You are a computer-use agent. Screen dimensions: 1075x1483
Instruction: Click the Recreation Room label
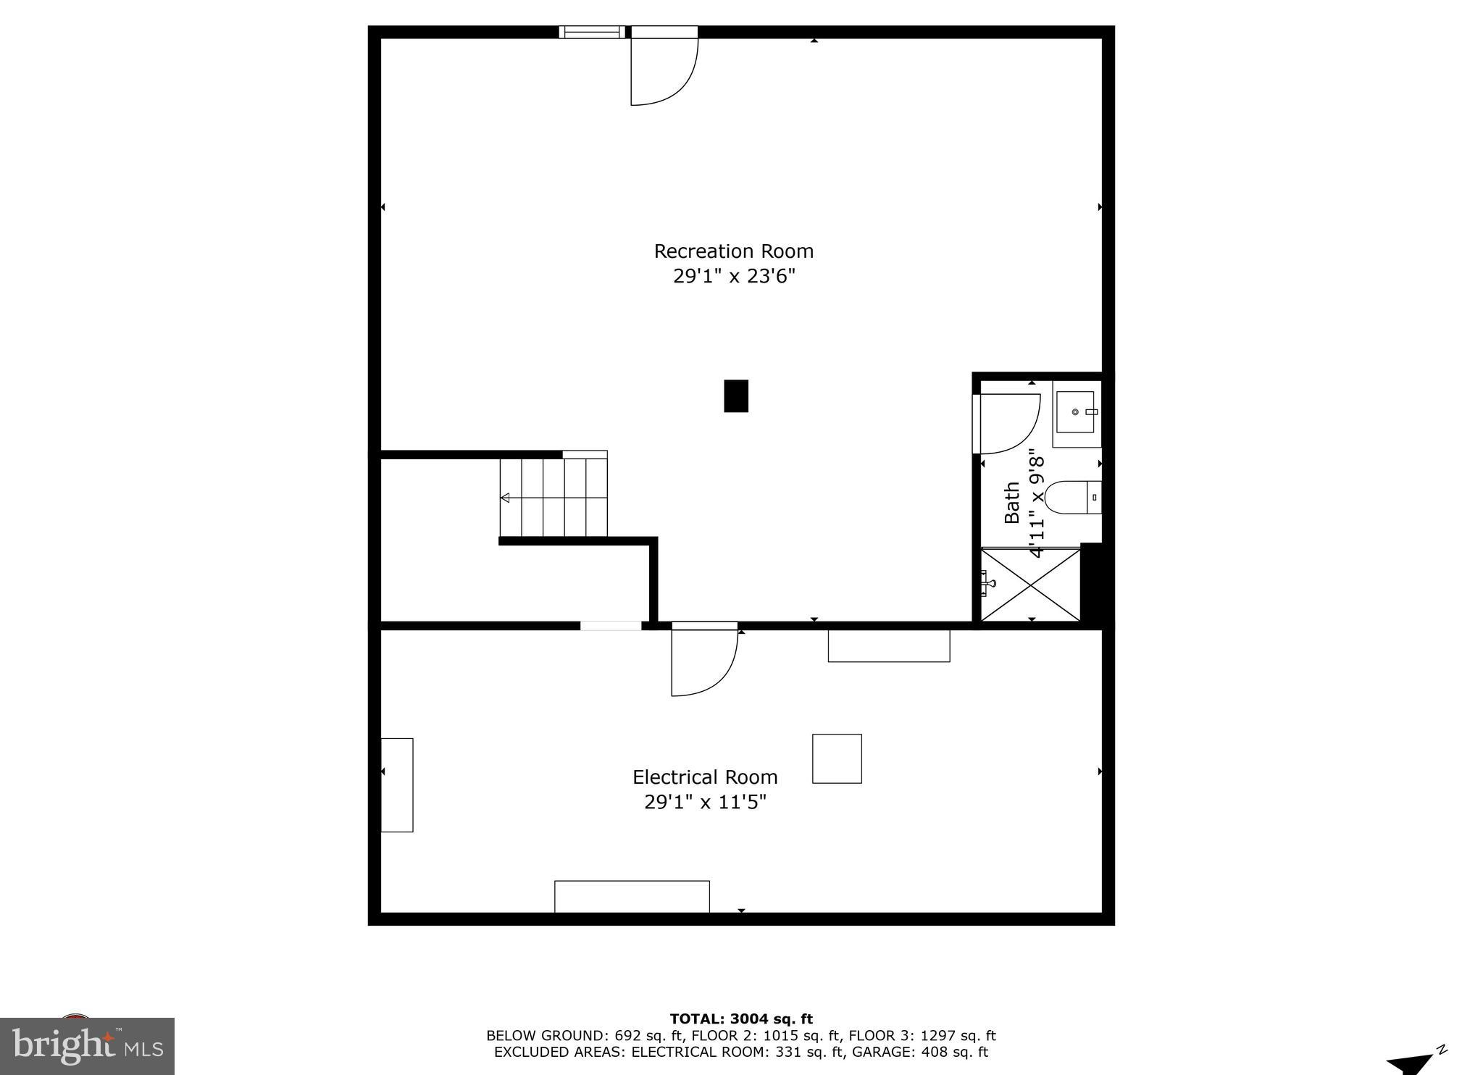pos(733,251)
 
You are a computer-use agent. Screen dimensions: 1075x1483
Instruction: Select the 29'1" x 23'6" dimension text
pos(733,277)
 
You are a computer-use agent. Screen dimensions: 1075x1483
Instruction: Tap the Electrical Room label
pos(704,777)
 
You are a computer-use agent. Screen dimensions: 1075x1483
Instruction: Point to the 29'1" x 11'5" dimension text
pos(704,803)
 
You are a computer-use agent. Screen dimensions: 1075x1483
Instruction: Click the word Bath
pos(1012,503)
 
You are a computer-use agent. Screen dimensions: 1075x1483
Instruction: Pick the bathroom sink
pos(1075,412)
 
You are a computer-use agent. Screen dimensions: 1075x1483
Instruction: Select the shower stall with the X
pos(1030,585)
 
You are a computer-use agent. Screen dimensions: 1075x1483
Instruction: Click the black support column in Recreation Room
pos(735,396)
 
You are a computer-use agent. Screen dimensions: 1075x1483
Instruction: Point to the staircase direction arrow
pos(506,498)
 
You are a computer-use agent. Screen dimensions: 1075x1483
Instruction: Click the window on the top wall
pos(591,32)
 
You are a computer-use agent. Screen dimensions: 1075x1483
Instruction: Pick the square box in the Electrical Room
pos(837,758)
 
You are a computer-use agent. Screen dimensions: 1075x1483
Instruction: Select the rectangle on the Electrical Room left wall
pos(397,785)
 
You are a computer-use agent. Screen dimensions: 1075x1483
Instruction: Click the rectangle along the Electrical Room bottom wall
pos(632,897)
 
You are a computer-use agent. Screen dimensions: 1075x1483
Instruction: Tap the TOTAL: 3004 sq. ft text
pos(740,1019)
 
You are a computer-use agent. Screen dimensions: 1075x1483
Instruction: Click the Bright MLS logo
pos(87,1046)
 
